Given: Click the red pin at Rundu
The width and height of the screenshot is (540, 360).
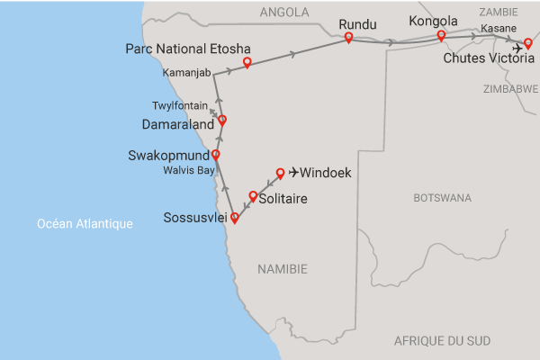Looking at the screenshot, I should click(348, 38).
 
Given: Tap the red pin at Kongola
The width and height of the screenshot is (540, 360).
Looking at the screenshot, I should click(441, 36).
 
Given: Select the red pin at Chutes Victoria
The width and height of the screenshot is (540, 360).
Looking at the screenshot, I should click(528, 42).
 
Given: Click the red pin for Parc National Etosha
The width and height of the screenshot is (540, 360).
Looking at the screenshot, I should click(247, 63).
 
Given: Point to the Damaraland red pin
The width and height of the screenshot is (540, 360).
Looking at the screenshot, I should click(222, 120).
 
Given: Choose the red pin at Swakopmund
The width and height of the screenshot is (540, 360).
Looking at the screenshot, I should click(215, 155).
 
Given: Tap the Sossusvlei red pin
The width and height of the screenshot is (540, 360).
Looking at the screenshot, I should click(235, 217).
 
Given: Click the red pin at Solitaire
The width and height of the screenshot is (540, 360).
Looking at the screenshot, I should click(253, 196).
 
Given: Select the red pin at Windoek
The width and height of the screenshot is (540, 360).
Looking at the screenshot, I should click(280, 172).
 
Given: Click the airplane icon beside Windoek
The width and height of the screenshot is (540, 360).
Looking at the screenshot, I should click(292, 172).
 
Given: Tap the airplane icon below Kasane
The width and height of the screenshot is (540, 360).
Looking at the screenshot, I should click(517, 49).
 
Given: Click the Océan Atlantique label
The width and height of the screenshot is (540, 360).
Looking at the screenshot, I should click(85, 223).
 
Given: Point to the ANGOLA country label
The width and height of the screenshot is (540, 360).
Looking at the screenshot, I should click(283, 13).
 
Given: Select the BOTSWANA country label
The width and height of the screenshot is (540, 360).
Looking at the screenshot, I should click(442, 197).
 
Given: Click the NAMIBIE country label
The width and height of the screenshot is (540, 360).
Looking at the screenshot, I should click(283, 269).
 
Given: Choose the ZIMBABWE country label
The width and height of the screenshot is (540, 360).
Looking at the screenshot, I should click(510, 89).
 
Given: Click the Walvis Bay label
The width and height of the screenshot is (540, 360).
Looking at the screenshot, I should click(188, 169).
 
